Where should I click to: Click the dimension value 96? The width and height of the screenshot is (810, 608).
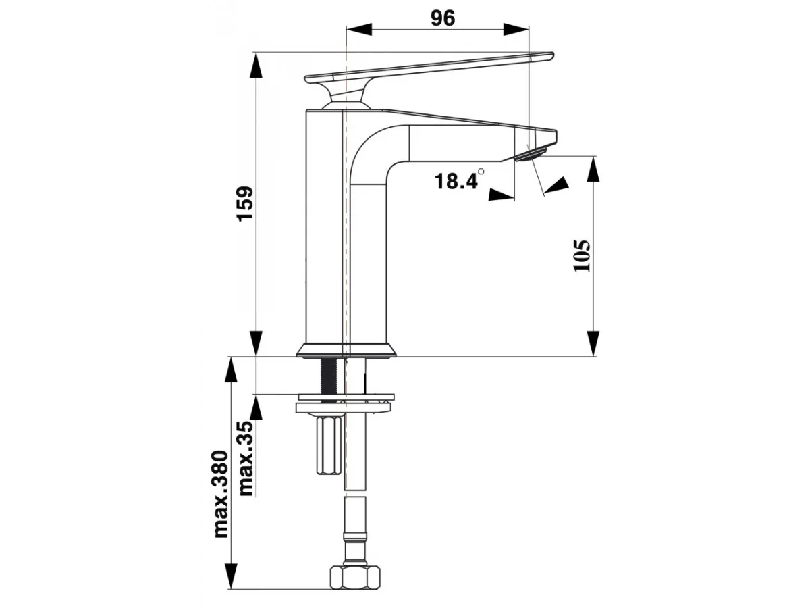(442, 18)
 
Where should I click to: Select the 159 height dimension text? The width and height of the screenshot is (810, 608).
(244, 204)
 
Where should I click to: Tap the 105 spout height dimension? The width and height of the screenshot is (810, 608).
(582, 256)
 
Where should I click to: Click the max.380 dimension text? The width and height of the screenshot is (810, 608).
(221, 494)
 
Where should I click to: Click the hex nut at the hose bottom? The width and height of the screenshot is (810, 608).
(355, 587)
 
